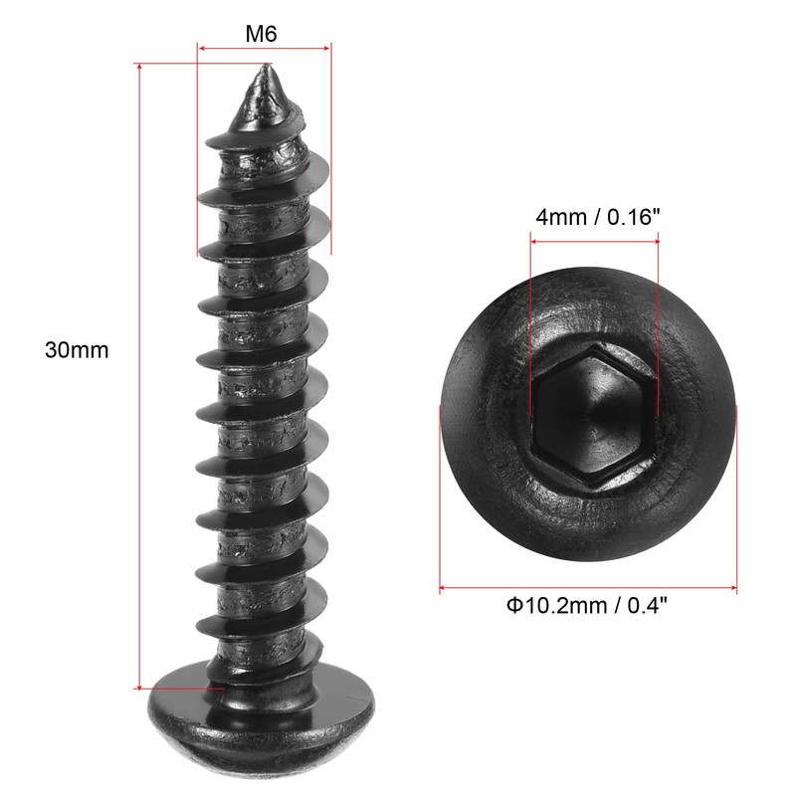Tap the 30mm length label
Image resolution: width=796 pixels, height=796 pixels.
(x=77, y=350)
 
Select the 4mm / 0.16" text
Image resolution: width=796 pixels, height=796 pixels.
(x=595, y=216)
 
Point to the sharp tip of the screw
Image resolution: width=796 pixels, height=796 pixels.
(x=266, y=69)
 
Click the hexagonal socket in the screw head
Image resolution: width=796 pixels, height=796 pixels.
(x=593, y=414)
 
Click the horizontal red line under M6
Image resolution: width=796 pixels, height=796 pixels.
(x=264, y=47)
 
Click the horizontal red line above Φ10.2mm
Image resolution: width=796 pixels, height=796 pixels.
(x=587, y=588)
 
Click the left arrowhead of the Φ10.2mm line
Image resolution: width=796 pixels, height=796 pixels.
(x=445, y=588)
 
